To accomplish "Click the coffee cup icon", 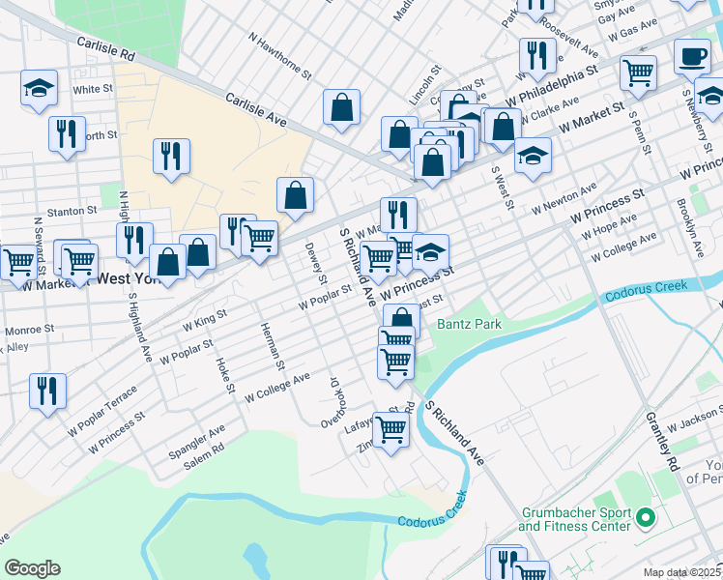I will coord(691,56).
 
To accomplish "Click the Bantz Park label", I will coord(469,324).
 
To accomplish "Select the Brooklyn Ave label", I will coord(689,227).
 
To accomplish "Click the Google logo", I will coord(32,568).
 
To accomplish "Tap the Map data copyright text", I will coord(681,572).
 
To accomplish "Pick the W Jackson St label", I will coord(691,422).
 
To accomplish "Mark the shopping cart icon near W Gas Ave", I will coord(639,71).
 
